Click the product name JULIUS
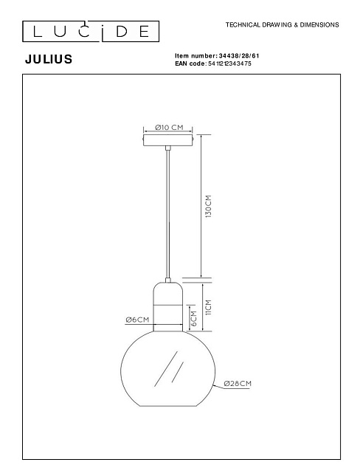tap(48, 60)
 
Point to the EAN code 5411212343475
tap(229, 63)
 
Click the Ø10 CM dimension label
tap(169, 127)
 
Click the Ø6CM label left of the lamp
tap(137, 320)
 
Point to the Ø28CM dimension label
tap(238, 384)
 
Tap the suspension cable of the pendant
tap(169, 214)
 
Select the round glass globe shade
tap(169, 369)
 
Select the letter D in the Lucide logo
tap(119, 30)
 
